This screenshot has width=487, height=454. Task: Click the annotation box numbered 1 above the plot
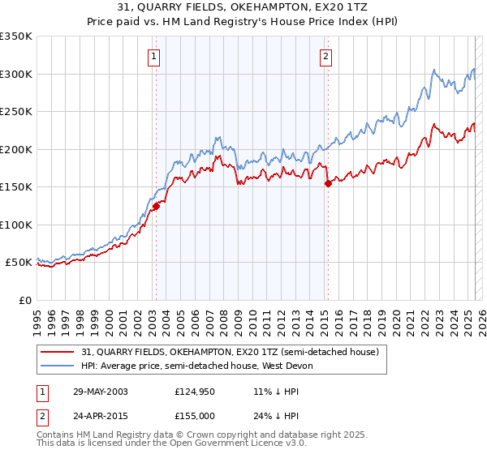tap(153, 57)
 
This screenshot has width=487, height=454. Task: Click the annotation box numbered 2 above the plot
tap(325, 57)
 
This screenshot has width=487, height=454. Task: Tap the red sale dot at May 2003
tap(156, 206)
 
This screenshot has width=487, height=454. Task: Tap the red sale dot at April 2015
tap(328, 183)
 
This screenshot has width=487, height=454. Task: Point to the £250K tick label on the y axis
tap(16, 111)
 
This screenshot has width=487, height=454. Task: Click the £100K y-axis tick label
tap(16, 225)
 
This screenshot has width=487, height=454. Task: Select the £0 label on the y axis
tap(26, 300)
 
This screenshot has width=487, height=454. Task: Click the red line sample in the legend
tap(59, 352)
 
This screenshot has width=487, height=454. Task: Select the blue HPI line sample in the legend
tap(59, 366)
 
